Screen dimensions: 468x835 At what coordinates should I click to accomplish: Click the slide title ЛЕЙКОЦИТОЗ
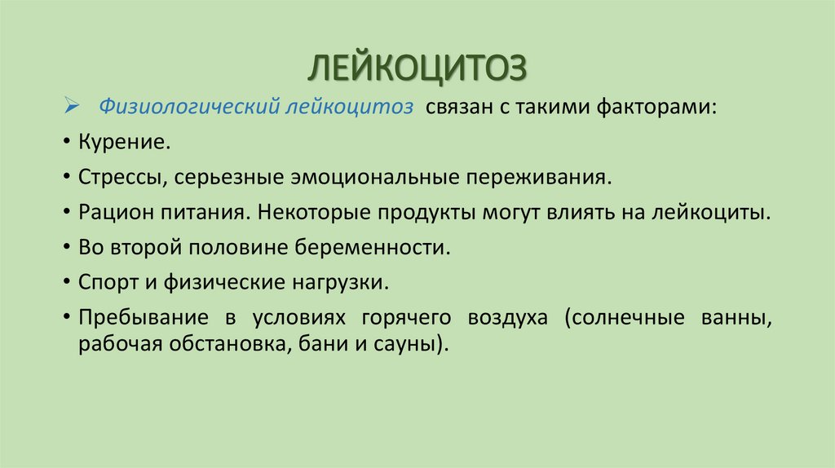[417, 68]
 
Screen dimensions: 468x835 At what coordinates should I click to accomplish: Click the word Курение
[125, 142]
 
